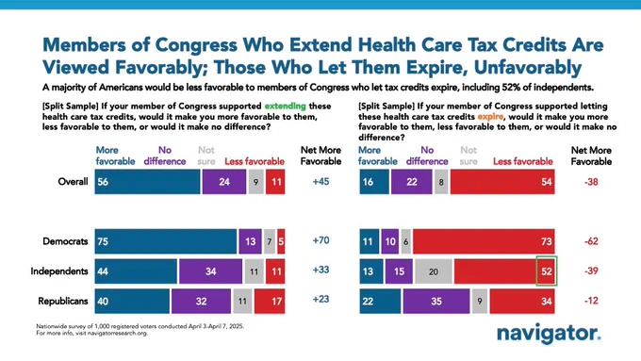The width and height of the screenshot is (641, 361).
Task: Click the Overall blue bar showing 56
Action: pyautogui.click(x=148, y=182)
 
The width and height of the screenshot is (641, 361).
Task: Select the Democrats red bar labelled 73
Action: pyautogui.click(x=484, y=241)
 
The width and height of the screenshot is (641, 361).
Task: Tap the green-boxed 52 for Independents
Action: pyautogui.click(x=547, y=271)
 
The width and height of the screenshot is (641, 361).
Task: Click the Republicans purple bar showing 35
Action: pyautogui.click(x=436, y=302)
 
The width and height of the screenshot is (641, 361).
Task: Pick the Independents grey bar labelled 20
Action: pyautogui.click(x=434, y=271)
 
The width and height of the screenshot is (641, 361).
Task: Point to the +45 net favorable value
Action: pyautogui.click(x=320, y=182)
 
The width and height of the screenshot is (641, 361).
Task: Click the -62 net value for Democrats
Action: pyautogui.click(x=591, y=241)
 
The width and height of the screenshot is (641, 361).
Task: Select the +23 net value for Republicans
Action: pyautogui.click(x=320, y=300)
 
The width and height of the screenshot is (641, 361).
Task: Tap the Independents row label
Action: pyautogui.click(x=59, y=271)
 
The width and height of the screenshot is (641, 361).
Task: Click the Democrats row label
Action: pyautogui.click(x=65, y=241)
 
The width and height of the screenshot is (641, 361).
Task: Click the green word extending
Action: pyautogui.click(x=286, y=107)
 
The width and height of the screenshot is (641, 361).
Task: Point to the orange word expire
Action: pyautogui.click(x=490, y=117)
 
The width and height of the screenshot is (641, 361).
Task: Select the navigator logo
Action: pyautogui.click(x=549, y=334)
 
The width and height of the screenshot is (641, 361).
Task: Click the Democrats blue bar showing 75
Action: pyautogui.click(x=166, y=241)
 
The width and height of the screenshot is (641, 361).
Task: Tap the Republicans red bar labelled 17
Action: pyautogui.click(x=270, y=302)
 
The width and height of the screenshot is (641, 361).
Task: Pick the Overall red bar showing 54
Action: pyautogui.click(x=502, y=182)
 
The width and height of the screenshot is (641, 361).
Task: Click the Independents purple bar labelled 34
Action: pyautogui.click(x=210, y=271)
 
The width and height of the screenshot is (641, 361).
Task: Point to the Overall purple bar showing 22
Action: pyautogui.click(x=411, y=182)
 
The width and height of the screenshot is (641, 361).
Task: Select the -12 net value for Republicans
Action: pyautogui.click(x=591, y=301)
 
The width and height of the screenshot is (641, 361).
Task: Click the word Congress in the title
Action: pyautogui.click(x=196, y=44)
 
